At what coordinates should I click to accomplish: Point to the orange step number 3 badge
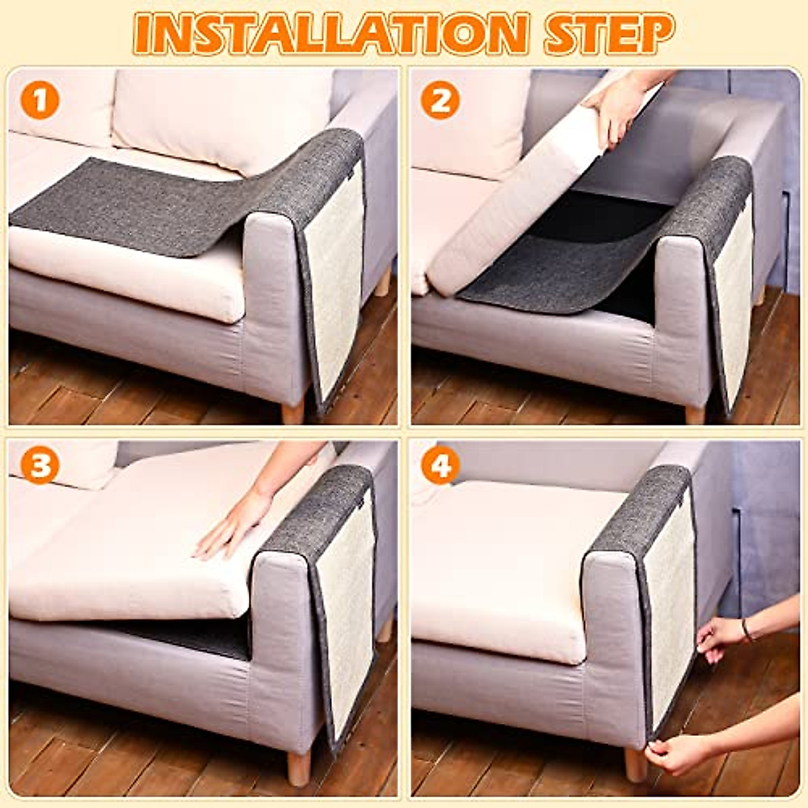coord(40,465)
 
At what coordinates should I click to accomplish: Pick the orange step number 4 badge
coord(440,465)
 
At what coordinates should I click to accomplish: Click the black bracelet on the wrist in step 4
coord(746,630)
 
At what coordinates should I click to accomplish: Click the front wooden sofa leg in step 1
coord(294,411)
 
